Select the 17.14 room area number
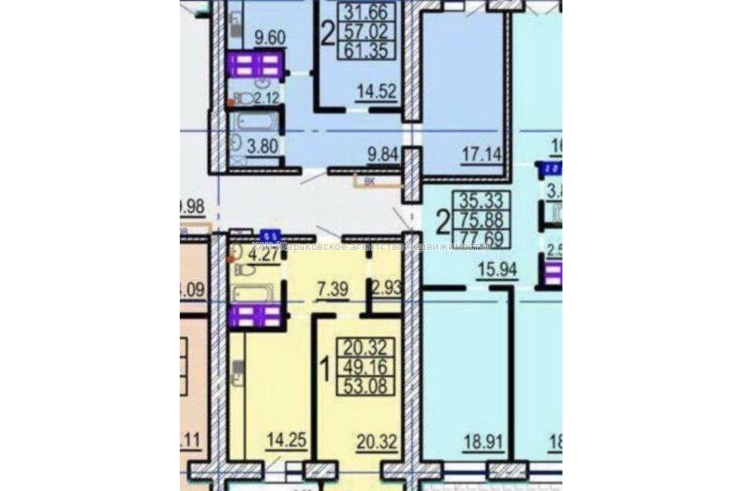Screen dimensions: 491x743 coord(478,152)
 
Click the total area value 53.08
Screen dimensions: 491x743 coord(365,385)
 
